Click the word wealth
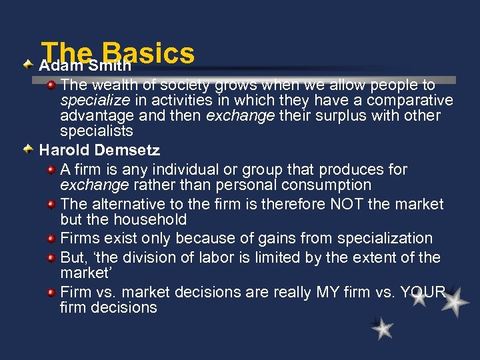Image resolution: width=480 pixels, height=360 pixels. tap(112, 85)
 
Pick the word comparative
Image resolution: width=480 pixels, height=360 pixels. tap(405, 101)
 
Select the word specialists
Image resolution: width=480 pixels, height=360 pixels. tap(97, 131)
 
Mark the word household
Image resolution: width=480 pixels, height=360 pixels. tap(154, 219)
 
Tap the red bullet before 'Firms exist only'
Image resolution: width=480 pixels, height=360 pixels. tap(51, 237)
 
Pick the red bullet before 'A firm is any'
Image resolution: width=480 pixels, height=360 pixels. tap(51, 169)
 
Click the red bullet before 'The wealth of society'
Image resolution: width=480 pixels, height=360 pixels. tap(51, 85)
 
